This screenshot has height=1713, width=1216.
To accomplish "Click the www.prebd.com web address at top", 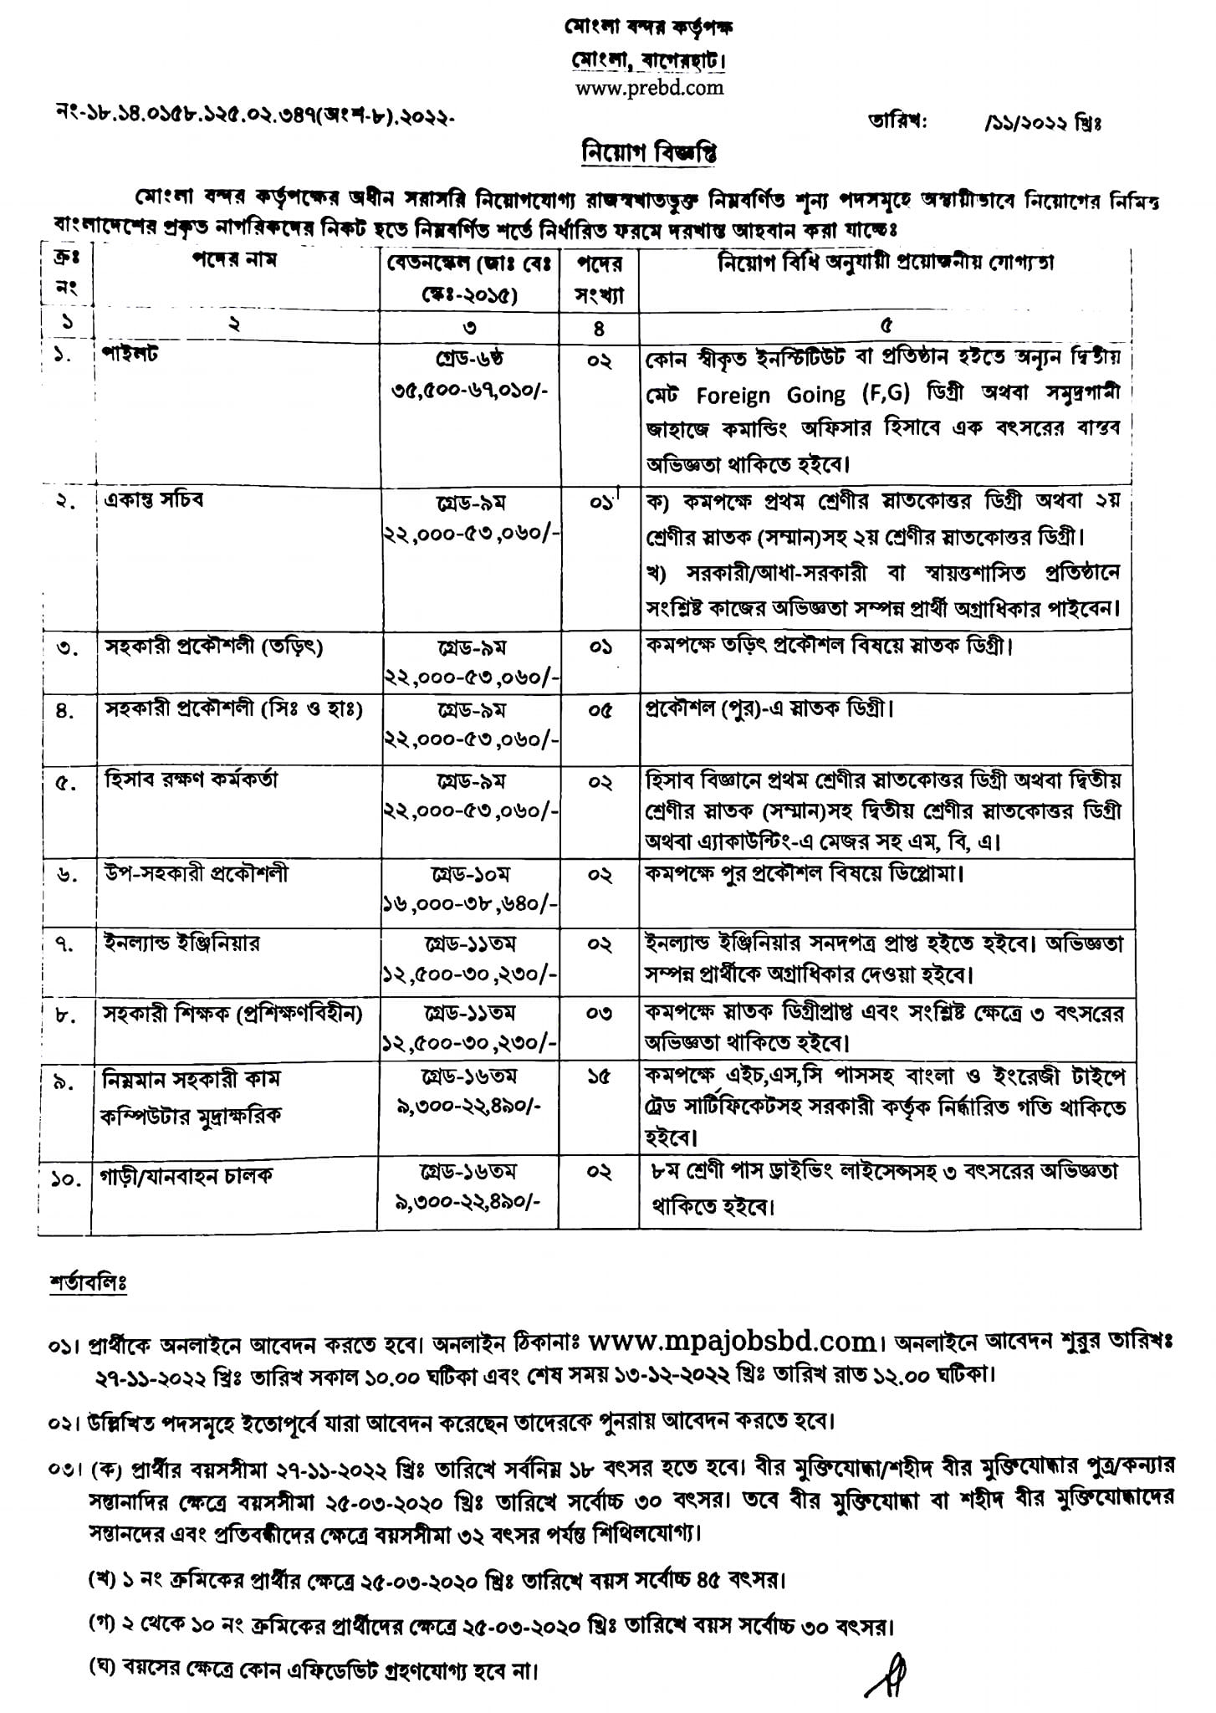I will tap(649, 88).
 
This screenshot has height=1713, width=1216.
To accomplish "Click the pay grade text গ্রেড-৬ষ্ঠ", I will tap(468, 358).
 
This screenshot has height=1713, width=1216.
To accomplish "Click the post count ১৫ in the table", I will tap(599, 1079).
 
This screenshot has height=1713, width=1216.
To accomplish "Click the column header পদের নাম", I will tap(234, 260).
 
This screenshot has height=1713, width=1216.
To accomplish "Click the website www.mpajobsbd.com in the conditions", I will tap(731, 1343).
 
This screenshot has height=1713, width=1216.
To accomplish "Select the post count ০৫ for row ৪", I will tap(599, 710).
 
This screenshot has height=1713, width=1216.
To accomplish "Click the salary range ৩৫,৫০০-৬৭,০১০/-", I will tap(468, 391).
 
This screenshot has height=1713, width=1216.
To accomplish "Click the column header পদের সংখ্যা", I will tap(599, 279).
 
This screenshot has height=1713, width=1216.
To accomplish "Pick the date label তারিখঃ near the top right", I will tap(898, 122).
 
